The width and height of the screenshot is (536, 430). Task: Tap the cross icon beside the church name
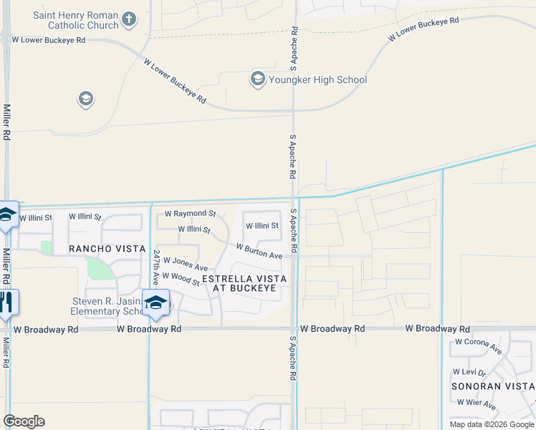[129, 19]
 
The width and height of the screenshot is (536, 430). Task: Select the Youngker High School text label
[317, 80]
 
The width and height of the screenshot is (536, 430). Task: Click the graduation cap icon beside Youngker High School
[257, 79]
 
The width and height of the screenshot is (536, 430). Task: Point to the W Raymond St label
[190, 214]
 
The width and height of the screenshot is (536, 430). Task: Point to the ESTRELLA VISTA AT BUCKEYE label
[244, 283]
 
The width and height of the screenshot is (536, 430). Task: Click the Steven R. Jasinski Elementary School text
[105, 306]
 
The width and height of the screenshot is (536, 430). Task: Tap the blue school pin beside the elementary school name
[155, 304]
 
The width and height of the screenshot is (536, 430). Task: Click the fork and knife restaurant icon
[7, 302]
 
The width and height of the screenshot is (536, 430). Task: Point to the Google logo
[24, 421]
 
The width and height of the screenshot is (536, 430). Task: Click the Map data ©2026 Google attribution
[492, 424]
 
